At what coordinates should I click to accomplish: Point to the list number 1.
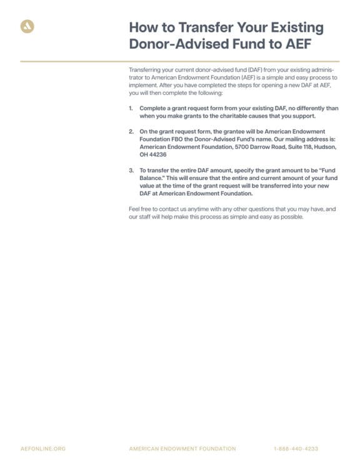(131, 108)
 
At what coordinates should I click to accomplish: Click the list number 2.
(131, 132)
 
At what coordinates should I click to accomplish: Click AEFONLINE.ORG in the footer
(42, 449)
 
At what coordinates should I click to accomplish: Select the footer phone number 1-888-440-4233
(296, 449)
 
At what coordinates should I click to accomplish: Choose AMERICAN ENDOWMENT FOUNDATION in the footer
(182, 449)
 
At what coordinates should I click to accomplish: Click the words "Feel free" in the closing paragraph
(139, 209)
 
